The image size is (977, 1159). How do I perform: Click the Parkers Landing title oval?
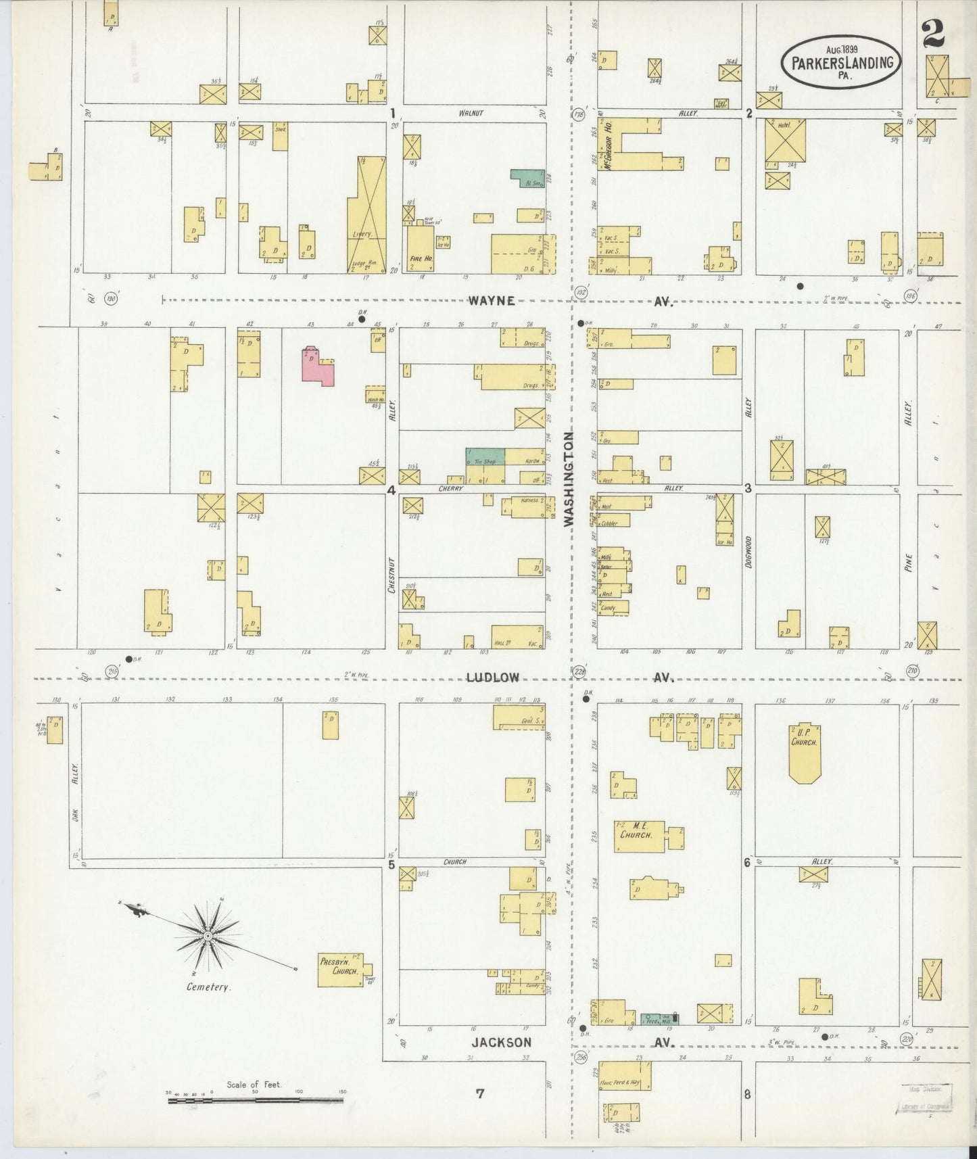coord(841,61)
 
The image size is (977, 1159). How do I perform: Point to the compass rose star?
coord(208,935)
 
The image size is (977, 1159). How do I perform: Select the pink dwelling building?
coord(318,365)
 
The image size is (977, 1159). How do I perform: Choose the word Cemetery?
coord(208,987)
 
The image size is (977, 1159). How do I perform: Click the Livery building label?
coord(362,234)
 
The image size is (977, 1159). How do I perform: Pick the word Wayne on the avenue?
coord(491,301)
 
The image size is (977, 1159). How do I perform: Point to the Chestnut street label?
coord(391,575)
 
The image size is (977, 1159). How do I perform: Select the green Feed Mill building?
coord(659,1019)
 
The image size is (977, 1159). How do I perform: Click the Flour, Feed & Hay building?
coord(625,1075)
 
